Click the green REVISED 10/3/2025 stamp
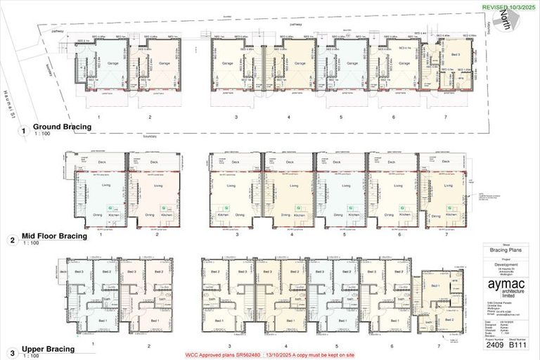pyautogui.click(x=503, y=6)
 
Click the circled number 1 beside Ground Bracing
pyautogui.click(x=22, y=131)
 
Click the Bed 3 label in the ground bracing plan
pyautogui.click(x=456, y=54)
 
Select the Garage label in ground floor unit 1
pyautogui.click(x=112, y=63)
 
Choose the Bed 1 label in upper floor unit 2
pyautogui.click(x=155, y=321)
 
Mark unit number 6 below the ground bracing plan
pyautogui.click(x=394, y=117)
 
